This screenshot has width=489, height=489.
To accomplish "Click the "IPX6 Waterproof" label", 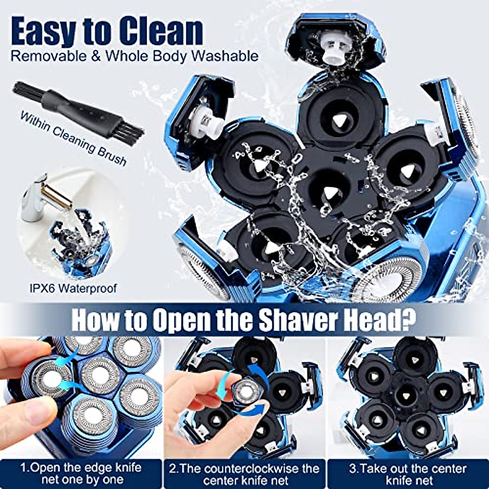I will (x=73, y=289).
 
